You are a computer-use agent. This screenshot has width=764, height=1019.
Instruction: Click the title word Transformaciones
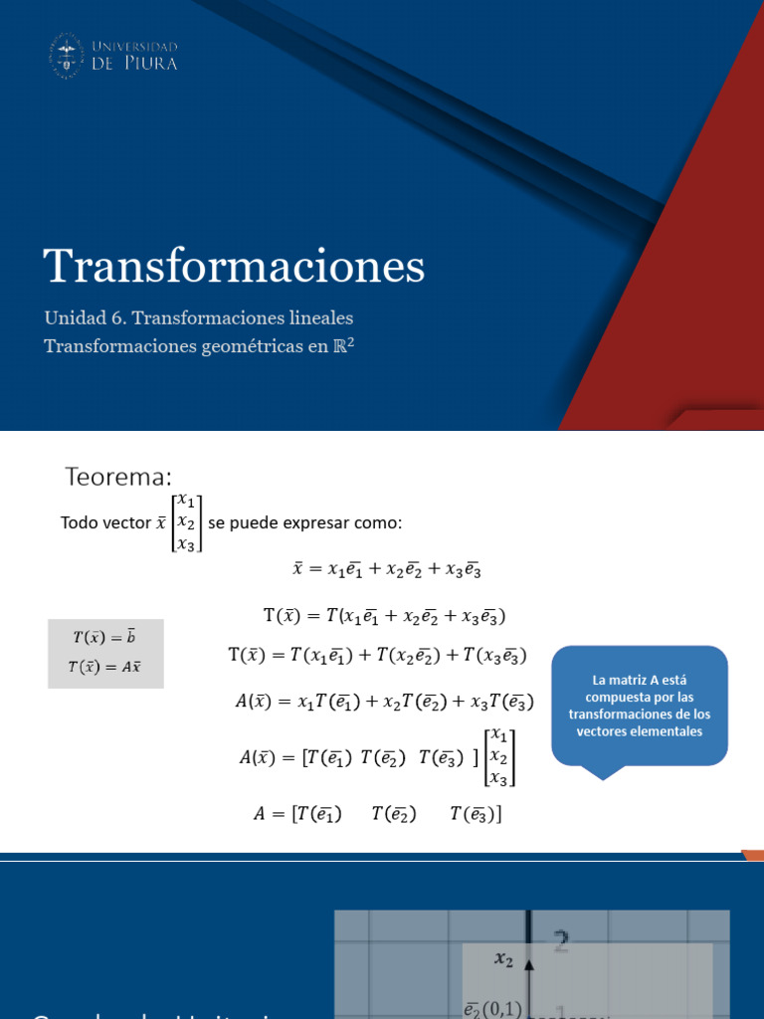(234, 266)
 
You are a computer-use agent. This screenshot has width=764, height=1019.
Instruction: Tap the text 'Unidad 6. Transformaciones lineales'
(199, 318)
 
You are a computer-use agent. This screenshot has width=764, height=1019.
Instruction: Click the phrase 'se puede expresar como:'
(304, 522)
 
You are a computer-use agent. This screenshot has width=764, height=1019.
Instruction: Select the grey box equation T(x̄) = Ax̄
(105, 667)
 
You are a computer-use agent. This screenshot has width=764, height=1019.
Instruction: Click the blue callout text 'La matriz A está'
(640, 681)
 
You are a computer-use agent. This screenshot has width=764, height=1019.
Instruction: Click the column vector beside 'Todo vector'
(186, 522)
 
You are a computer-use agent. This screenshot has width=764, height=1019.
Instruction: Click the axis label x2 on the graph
(504, 960)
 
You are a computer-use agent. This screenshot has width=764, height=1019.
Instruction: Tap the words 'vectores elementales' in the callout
(640, 731)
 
